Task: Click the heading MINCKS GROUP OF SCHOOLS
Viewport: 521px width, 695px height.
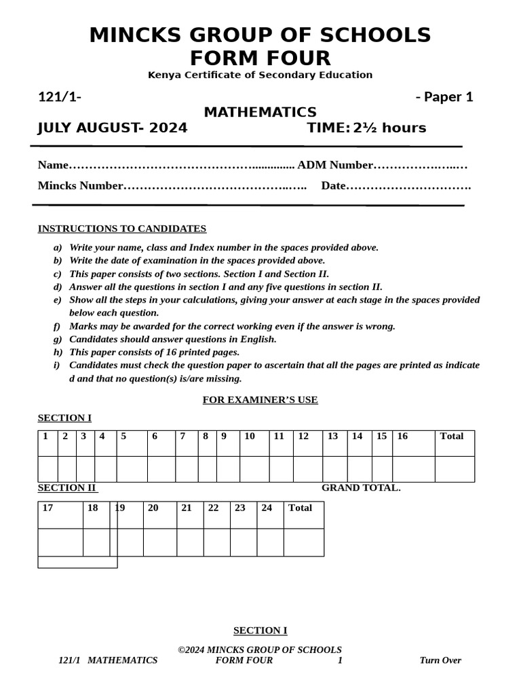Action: pos(260,35)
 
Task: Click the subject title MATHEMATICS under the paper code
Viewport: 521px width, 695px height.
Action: pos(260,112)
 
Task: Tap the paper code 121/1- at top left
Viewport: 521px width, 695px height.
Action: pos(60,97)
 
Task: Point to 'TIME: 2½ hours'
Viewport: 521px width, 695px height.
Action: pos(366,128)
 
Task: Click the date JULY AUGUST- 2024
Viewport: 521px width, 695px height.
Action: pos(113,128)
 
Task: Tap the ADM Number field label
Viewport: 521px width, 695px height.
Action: pos(335,165)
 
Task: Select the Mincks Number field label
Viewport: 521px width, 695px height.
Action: pos(81,186)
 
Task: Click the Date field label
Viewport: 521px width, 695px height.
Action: pos(333,186)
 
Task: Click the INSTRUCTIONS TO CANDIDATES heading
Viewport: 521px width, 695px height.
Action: pos(122,229)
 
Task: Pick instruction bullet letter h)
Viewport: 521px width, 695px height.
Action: pos(58,352)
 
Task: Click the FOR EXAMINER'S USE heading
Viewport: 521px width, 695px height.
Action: pos(260,400)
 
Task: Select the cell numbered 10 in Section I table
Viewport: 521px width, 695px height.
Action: pos(250,436)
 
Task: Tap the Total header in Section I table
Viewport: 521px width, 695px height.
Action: pos(452,436)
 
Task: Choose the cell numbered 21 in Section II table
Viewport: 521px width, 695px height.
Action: pos(187,508)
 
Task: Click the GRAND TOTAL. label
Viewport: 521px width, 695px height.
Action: pos(361,487)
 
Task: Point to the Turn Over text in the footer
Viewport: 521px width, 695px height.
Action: pos(440,660)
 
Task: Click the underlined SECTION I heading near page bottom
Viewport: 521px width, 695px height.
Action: pos(260,631)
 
